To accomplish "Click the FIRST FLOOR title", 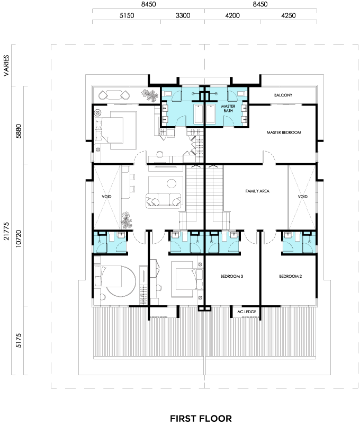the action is [x=201, y=418].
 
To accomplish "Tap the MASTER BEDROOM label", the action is [x=284, y=132].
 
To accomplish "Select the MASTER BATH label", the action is [x=228, y=109].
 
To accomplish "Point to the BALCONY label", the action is [x=283, y=95].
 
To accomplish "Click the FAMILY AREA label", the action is [x=257, y=191].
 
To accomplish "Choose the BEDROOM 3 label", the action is [x=232, y=276].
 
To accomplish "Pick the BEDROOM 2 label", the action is [x=290, y=276].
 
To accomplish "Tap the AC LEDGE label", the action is [x=247, y=312].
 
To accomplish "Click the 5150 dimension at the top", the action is [x=127, y=15].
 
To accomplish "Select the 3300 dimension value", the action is [x=183, y=15].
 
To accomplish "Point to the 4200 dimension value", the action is [x=232, y=15].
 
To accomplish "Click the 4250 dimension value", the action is [x=289, y=15].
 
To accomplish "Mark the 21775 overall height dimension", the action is [x=6, y=231].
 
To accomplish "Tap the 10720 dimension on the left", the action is [x=19, y=238].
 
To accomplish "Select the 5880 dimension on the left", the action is [x=19, y=131].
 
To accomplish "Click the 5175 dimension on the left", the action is [x=19, y=340].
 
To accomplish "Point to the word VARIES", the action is [x=6, y=65].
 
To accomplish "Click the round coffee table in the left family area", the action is [x=172, y=183].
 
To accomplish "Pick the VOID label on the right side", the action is [x=302, y=197].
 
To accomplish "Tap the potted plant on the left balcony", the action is [x=150, y=95].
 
